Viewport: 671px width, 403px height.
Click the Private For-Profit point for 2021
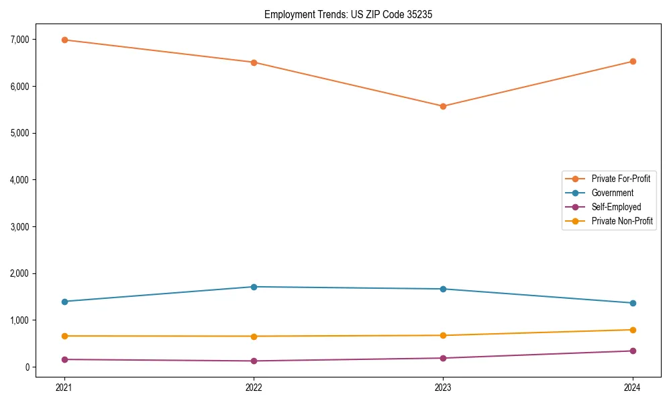[x=64, y=40]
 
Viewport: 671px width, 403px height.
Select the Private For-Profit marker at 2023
[x=443, y=106]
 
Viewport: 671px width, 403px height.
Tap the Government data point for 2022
[x=254, y=287]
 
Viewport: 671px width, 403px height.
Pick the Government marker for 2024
[x=633, y=303]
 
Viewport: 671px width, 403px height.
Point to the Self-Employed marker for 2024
[x=633, y=351]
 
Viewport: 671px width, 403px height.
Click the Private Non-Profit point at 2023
[x=443, y=335]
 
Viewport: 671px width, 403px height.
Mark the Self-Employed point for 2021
[x=64, y=359]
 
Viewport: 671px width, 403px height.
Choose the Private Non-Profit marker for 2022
[x=254, y=336]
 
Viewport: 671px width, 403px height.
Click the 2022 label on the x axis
[x=254, y=387]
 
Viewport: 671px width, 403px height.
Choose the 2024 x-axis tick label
[x=633, y=387]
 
